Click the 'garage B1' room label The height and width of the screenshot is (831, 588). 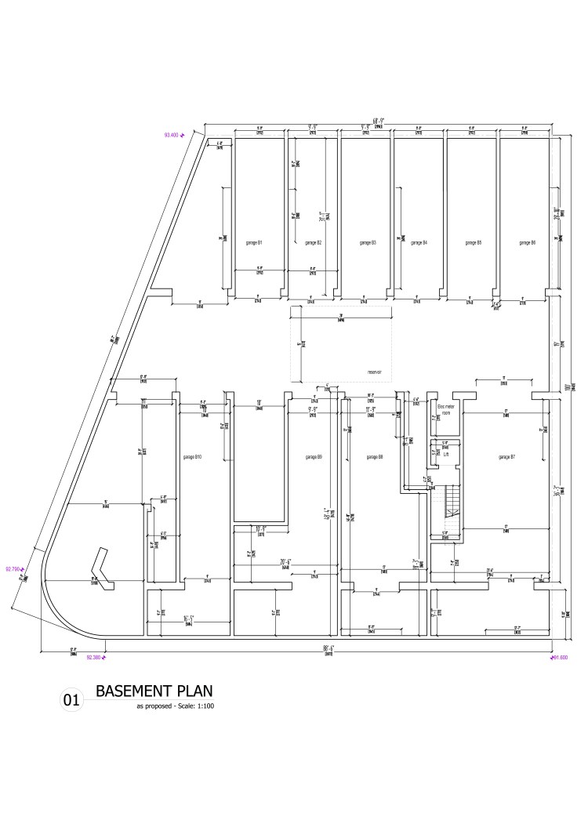(254, 243)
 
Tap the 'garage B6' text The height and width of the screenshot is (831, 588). (528, 243)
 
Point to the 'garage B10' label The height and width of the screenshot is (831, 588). (192, 456)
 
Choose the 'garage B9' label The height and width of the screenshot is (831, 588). (314, 456)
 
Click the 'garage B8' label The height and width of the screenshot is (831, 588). (375, 456)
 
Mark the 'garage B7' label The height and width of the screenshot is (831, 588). (506, 456)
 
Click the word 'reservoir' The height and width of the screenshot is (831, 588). (374, 372)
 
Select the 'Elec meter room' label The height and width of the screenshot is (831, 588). (445, 410)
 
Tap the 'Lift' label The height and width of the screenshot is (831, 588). (445, 454)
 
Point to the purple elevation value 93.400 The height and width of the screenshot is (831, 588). (171, 136)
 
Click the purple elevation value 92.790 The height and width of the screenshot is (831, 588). (13, 569)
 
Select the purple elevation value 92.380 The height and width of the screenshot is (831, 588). (93, 658)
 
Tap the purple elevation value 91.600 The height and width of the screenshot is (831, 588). (559, 658)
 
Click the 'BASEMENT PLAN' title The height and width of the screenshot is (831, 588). (153, 691)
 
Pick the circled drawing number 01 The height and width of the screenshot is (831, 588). (71, 701)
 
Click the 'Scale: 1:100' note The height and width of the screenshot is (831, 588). (193, 706)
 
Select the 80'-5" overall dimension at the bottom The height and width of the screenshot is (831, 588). (328, 648)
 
